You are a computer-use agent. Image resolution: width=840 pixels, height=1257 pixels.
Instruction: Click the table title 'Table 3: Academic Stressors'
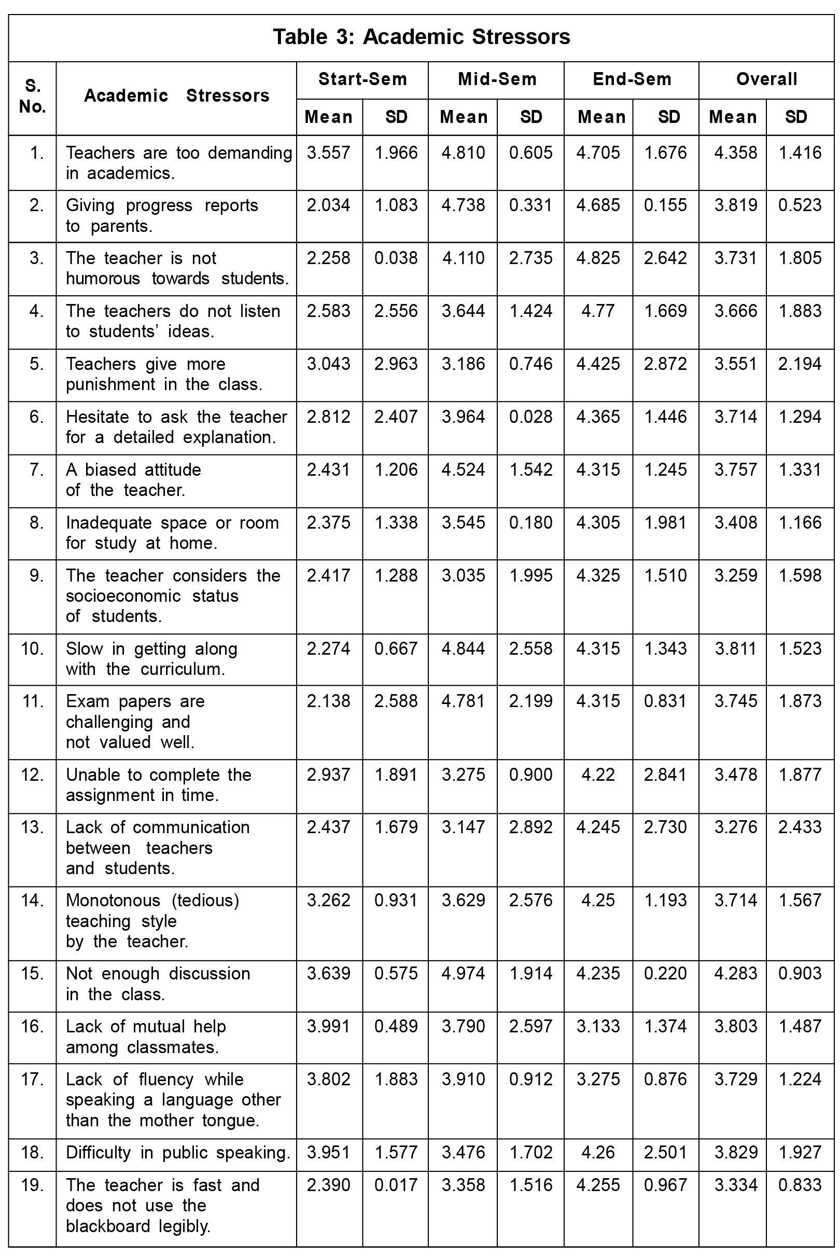[x=421, y=37]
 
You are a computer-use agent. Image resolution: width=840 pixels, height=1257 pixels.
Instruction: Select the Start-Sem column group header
[x=362, y=79]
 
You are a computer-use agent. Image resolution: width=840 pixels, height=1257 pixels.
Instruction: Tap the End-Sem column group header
[x=632, y=79]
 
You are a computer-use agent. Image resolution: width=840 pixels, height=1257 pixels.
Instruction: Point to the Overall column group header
[x=766, y=79]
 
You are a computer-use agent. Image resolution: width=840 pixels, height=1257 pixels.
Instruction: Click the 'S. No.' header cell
[x=32, y=96]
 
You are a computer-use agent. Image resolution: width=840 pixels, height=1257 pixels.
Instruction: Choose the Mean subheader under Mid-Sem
[x=464, y=117]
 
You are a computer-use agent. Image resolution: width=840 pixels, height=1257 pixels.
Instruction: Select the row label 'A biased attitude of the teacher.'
[x=133, y=480]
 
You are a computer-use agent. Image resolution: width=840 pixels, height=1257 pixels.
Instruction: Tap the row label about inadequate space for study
[x=172, y=532]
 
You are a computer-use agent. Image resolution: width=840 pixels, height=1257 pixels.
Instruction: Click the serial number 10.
[x=32, y=648]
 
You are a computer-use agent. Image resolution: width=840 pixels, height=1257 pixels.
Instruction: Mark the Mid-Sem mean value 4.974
[x=464, y=973]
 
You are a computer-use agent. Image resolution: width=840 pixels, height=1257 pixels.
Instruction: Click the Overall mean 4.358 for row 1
[x=736, y=153]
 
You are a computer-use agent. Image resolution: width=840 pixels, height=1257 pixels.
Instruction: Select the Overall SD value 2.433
[x=799, y=827]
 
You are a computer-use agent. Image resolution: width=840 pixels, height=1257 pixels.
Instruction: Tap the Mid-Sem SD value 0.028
[x=530, y=417]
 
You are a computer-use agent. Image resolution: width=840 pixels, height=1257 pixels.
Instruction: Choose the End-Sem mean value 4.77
[x=598, y=311]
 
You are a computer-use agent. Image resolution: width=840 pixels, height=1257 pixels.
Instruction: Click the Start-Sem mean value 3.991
[x=328, y=1026]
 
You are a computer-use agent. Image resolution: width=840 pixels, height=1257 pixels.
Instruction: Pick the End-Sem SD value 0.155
[x=665, y=205]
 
